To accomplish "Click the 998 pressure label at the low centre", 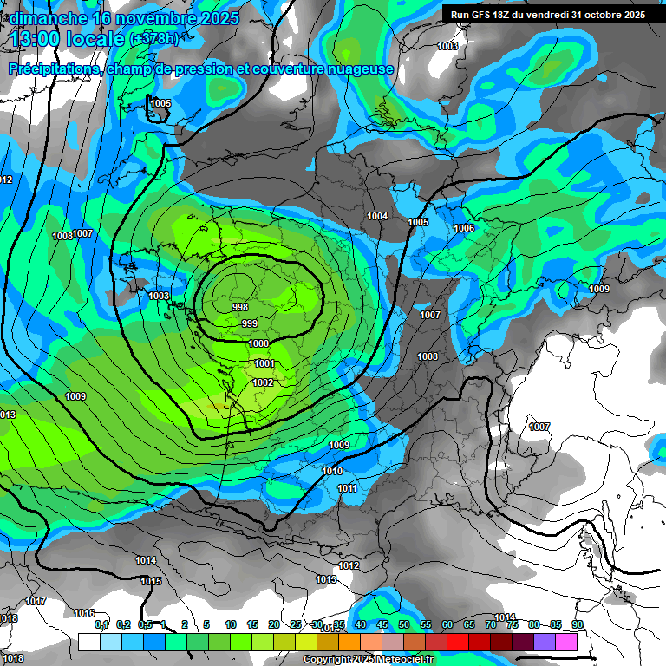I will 240,307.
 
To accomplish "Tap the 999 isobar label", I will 250,323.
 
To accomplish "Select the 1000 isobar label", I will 258,343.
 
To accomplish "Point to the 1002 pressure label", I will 264,382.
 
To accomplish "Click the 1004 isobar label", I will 377,216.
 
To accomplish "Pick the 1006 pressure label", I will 464,228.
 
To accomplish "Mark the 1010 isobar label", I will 332,471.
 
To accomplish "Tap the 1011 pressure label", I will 348,488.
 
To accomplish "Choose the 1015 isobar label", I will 151,581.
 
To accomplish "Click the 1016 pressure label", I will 84,613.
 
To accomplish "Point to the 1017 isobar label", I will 36,601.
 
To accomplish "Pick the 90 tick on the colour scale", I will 577,624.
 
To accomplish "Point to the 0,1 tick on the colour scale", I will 101,624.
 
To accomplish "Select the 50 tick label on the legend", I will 404,624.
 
